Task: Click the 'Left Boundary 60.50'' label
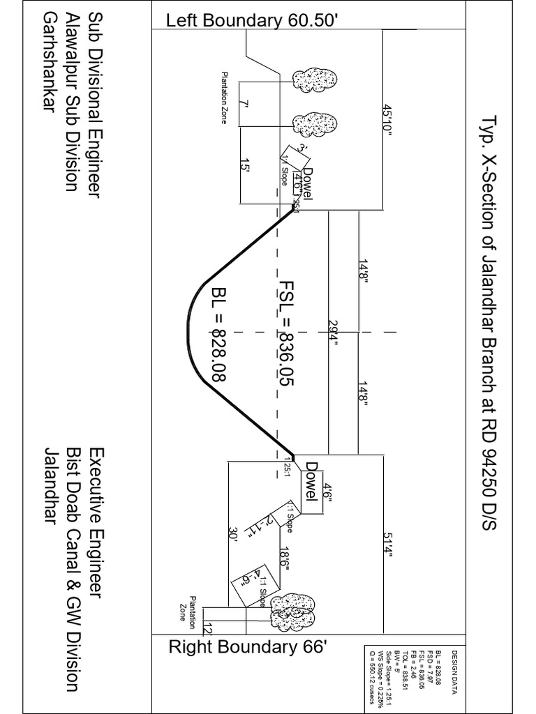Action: click(252, 21)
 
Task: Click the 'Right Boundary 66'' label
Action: click(248, 646)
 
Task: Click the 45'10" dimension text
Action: click(388, 124)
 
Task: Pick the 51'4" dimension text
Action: click(388, 544)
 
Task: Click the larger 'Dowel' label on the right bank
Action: click(311, 481)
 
